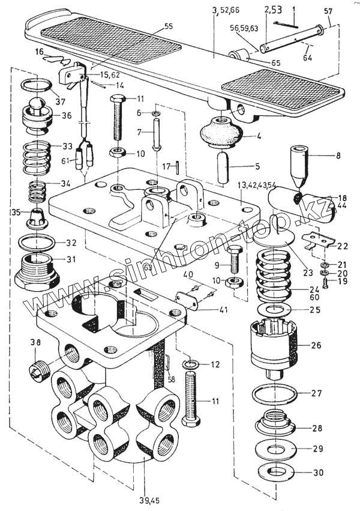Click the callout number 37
click(60, 101)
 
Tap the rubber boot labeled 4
click(220, 133)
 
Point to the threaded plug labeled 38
click(38, 370)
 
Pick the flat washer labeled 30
click(275, 472)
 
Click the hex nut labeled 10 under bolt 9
click(235, 282)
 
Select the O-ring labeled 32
click(37, 243)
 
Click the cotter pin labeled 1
click(286, 25)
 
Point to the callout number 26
click(316, 345)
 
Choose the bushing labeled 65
click(241, 55)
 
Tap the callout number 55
click(168, 27)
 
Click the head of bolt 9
click(235, 250)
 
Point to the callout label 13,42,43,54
click(256, 186)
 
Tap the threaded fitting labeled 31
click(37, 271)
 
